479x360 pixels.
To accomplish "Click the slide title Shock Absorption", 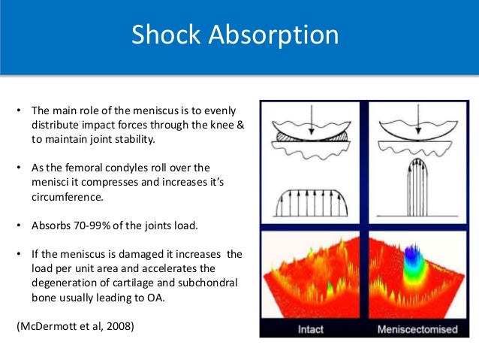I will (235, 35).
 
